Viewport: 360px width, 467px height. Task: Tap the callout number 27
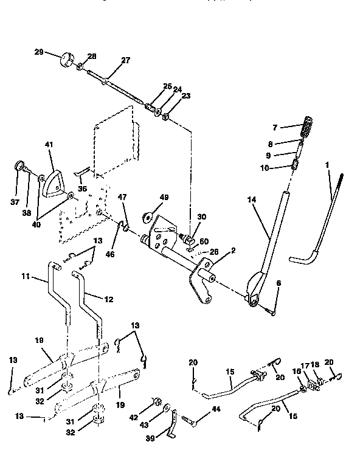[126, 60]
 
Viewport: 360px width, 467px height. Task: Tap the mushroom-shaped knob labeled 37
[19, 167]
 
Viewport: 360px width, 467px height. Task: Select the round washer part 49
[148, 217]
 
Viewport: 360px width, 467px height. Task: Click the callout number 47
[122, 197]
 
